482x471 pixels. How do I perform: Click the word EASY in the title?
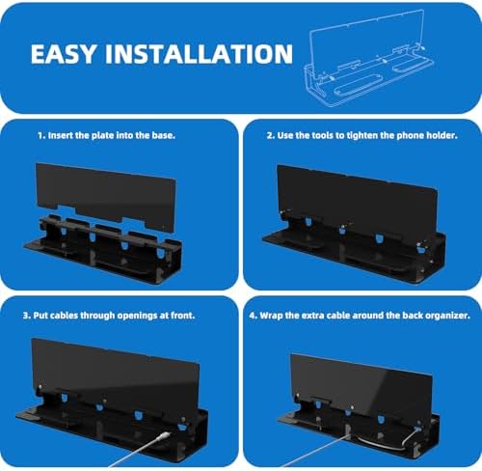coord(64,53)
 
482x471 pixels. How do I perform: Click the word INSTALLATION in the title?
coord(200,53)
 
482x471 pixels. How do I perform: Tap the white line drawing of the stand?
coord(368,60)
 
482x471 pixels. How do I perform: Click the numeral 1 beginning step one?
coord(40,136)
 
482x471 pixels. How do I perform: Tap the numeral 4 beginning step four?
coord(253,316)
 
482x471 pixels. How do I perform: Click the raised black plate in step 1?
coord(106,196)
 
